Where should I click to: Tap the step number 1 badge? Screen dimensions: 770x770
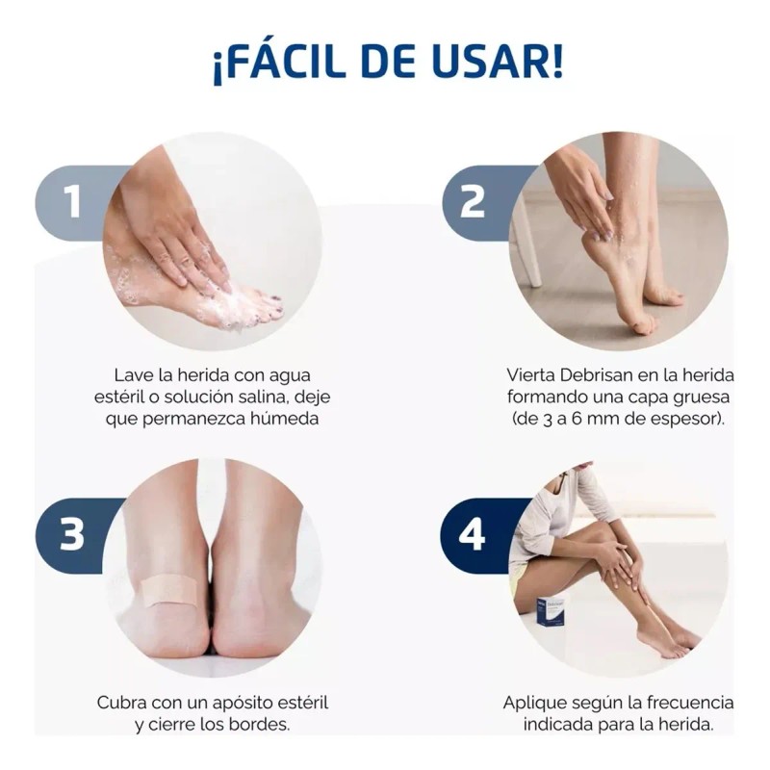click(72, 203)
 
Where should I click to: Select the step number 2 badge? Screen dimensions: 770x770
click(472, 203)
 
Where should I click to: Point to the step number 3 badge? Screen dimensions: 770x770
click(72, 535)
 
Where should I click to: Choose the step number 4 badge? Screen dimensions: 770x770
click(472, 535)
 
